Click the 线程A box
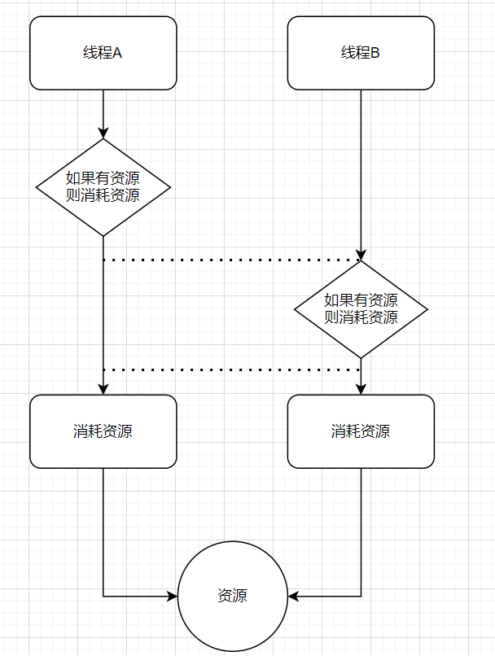pyautogui.click(x=103, y=53)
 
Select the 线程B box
pyautogui.click(x=361, y=53)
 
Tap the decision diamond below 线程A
pyautogui.click(x=103, y=187)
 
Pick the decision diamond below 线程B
pyautogui.click(x=361, y=309)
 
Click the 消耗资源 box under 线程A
pyautogui.click(x=103, y=431)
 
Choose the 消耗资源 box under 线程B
pyautogui.click(x=361, y=431)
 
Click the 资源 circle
pyautogui.click(x=232, y=596)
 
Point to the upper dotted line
pyautogui.click(x=232, y=260)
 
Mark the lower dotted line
pyautogui.click(x=232, y=370)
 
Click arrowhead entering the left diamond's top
pyautogui.click(x=103, y=133)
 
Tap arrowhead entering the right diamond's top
pyautogui.click(x=361, y=255)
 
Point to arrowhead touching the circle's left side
pyautogui.click(x=172, y=596)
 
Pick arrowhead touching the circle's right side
pyautogui.click(x=293, y=596)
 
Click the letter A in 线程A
pyautogui.click(x=117, y=54)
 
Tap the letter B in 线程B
pyautogui.click(x=375, y=54)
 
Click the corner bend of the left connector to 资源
pyautogui.click(x=103, y=596)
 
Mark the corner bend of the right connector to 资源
pyautogui.click(x=361, y=596)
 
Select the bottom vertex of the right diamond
pyautogui.click(x=361, y=358)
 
